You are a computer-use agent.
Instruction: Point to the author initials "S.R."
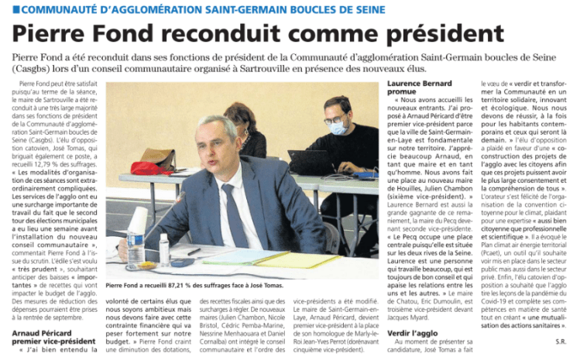[561, 341]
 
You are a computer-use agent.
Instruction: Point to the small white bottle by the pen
[164, 250]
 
